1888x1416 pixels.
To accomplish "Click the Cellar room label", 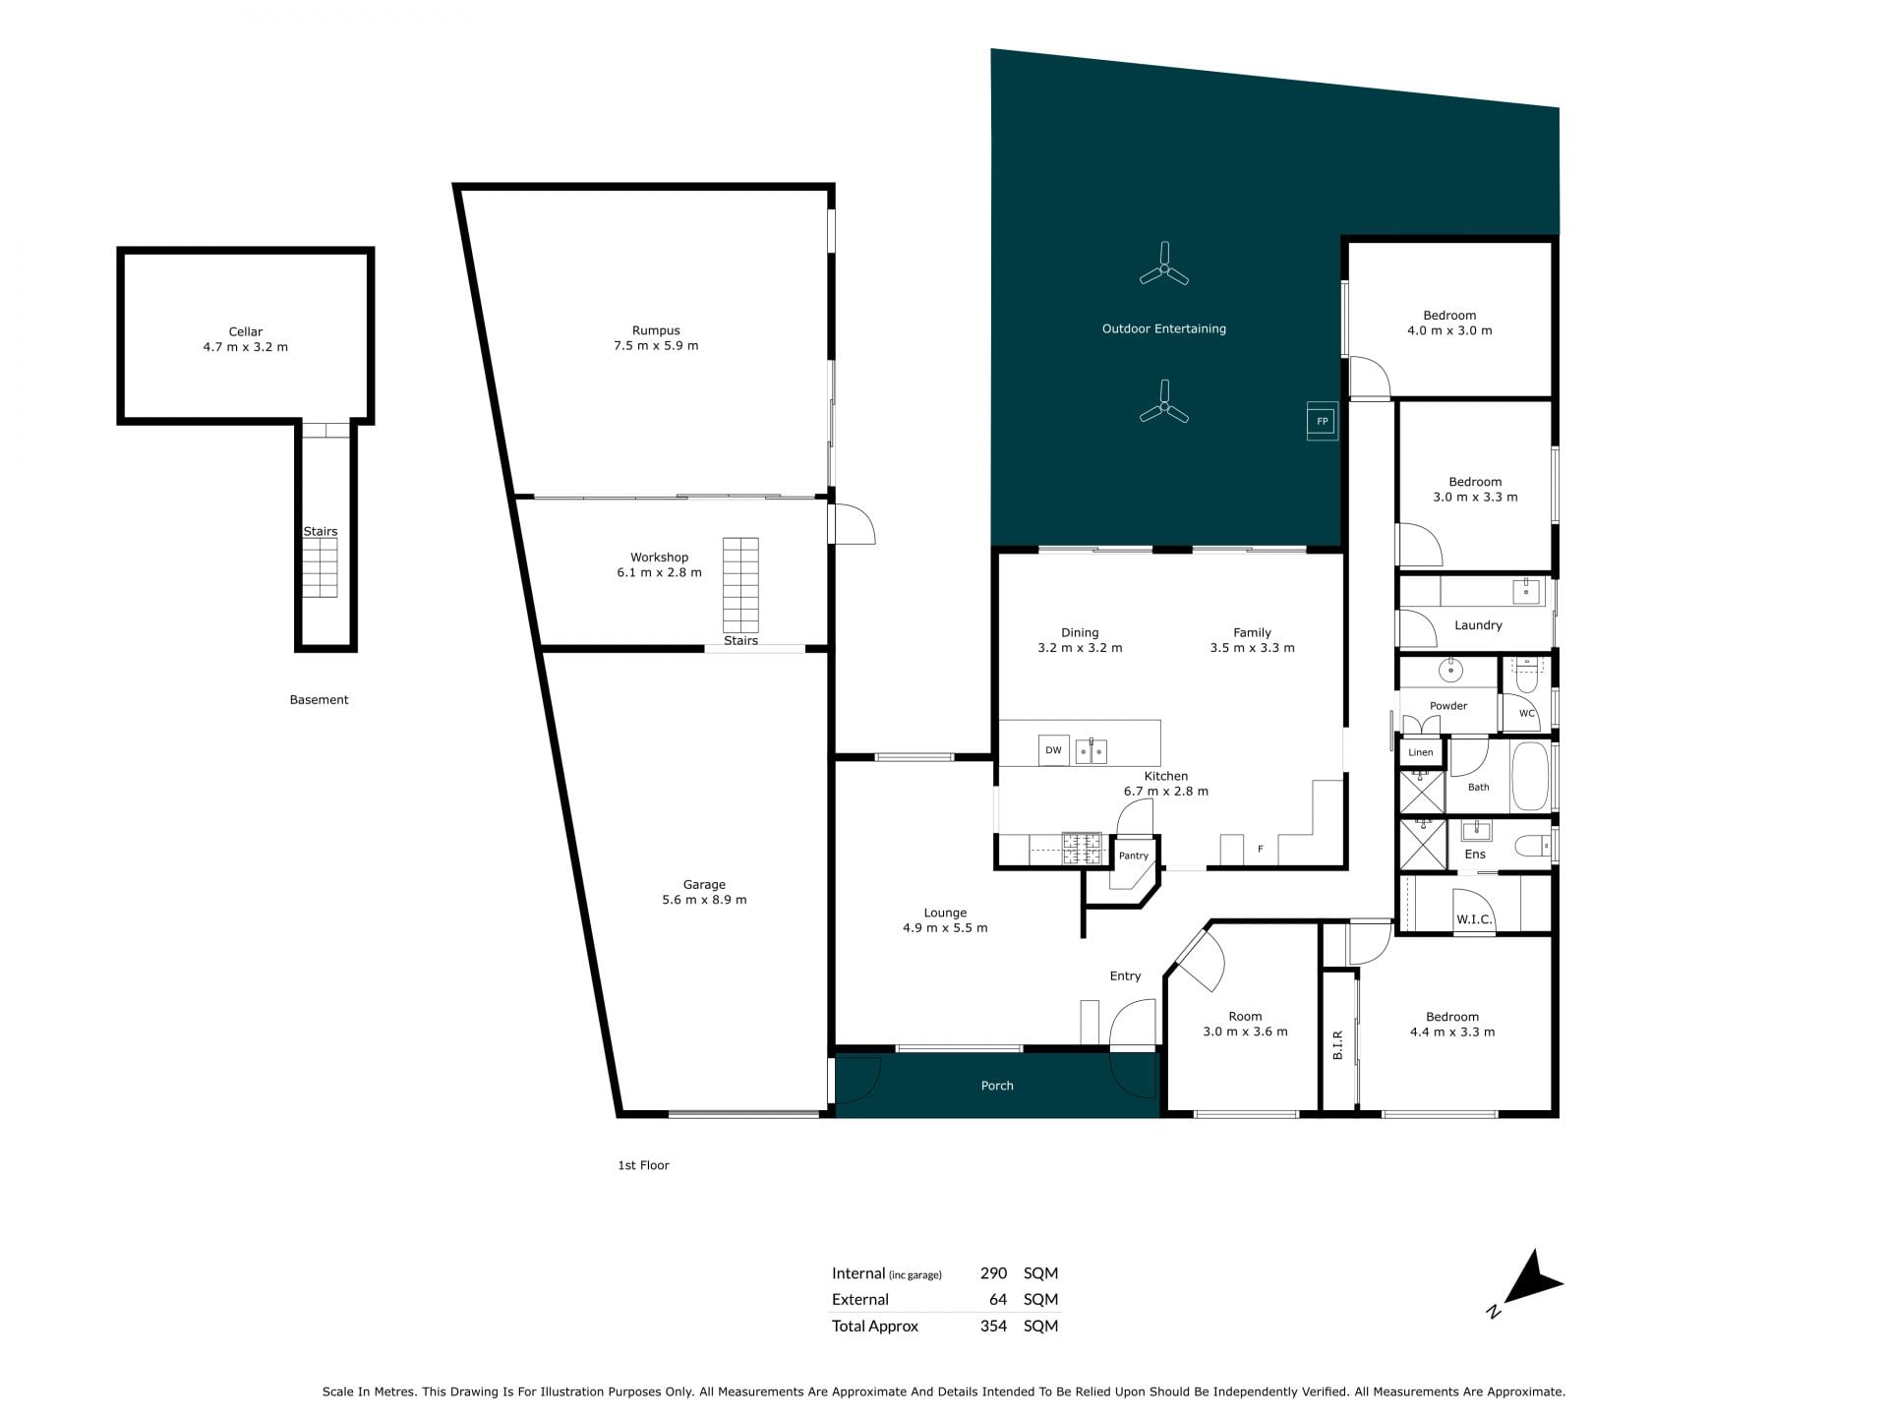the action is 246,332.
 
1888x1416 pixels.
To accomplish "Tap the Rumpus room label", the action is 656,331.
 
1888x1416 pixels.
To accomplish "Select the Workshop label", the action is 659,558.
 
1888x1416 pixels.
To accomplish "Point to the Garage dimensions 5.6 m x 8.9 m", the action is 704,900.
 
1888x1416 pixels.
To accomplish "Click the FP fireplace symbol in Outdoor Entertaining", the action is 1322,422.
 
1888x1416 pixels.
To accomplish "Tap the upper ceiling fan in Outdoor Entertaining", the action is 1164,265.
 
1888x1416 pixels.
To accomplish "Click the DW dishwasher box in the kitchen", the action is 1053,750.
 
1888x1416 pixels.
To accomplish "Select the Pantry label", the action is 1134,855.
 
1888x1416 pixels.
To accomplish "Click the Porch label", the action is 997,1086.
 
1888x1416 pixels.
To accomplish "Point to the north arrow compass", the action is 1529,1281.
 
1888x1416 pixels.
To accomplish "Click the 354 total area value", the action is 993,1326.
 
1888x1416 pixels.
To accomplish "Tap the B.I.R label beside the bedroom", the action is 1337,1045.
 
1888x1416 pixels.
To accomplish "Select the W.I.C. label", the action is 1474,919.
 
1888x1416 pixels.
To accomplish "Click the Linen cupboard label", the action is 1421,753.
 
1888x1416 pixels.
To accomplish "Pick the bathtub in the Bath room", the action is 1529,777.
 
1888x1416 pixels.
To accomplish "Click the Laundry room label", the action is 1478,625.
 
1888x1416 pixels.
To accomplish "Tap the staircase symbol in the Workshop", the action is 740,585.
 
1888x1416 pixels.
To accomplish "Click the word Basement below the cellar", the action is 319,700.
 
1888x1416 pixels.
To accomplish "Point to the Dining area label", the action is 1080,633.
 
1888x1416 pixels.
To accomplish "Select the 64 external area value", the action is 998,1299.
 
